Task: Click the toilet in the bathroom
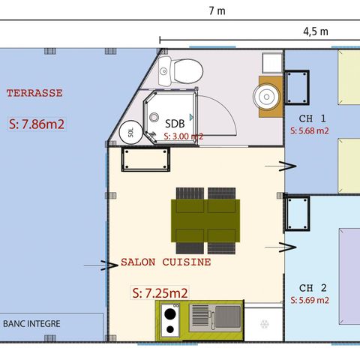click(182, 71)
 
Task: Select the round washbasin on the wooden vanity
click(266, 95)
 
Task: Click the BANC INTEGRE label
click(32, 324)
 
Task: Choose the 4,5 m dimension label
click(315, 31)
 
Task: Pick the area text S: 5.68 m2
click(309, 130)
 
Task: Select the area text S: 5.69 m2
click(310, 300)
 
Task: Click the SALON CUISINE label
click(166, 263)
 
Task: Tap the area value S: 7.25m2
click(159, 292)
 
